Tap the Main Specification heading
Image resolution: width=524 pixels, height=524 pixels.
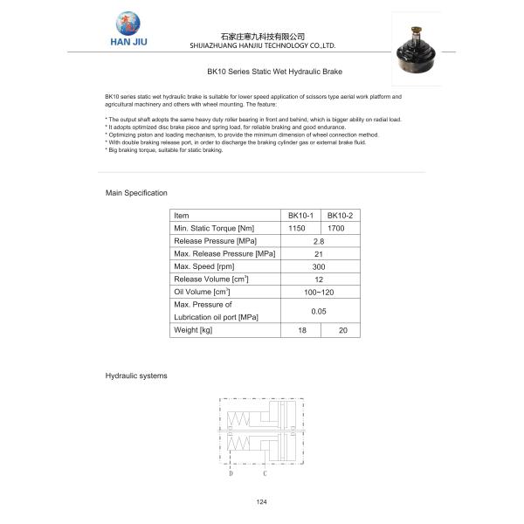tap(136, 192)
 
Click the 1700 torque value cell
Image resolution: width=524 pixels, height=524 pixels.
tap(336, 228)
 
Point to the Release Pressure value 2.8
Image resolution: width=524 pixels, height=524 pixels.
tap(319, 240)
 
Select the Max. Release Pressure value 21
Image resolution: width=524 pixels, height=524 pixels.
tap(319, 253)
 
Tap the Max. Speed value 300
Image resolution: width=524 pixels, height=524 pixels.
tap(319, 266)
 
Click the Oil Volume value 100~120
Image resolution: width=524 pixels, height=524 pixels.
tap(319, 291)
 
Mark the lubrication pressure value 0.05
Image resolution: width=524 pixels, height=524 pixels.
tap(319, 310)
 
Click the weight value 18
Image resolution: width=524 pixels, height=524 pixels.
tap(302, 330)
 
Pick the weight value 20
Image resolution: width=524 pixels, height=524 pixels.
tap(342, 330)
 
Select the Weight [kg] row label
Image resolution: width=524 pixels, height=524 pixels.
tap(194, 330)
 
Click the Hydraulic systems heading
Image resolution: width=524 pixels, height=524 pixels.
tap(136, 376)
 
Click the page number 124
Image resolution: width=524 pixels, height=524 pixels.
tap(261, 502)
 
